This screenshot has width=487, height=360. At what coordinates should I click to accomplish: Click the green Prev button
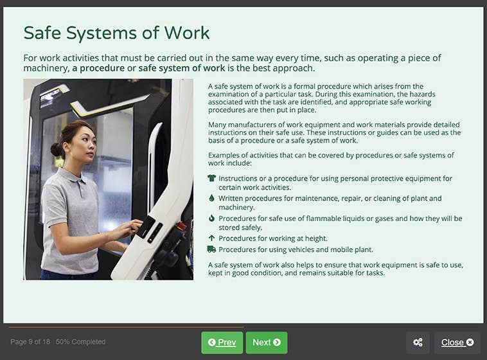(x=222, y=343)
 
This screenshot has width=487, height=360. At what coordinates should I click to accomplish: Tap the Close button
(x=457, y=343)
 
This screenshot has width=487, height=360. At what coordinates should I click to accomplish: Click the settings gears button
(x=418, y=343)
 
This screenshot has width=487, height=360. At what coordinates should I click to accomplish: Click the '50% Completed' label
(x=81, y=342)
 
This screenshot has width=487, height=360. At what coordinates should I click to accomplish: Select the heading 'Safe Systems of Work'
(x=116, y=33)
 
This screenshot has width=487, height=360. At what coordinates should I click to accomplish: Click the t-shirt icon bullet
(x=211, y=178)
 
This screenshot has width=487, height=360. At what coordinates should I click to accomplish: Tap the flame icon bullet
(x=211, y=219)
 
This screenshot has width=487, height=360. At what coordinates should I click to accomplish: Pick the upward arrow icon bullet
(x=211, y=239)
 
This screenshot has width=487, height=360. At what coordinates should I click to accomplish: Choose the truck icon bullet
(x=211, y=249)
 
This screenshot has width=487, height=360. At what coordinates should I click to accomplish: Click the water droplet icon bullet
(x=211, y=199)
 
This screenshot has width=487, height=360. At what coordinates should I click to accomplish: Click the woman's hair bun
(x=57, y=149)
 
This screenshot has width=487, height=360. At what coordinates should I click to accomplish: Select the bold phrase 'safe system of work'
(x=182, y=68)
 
